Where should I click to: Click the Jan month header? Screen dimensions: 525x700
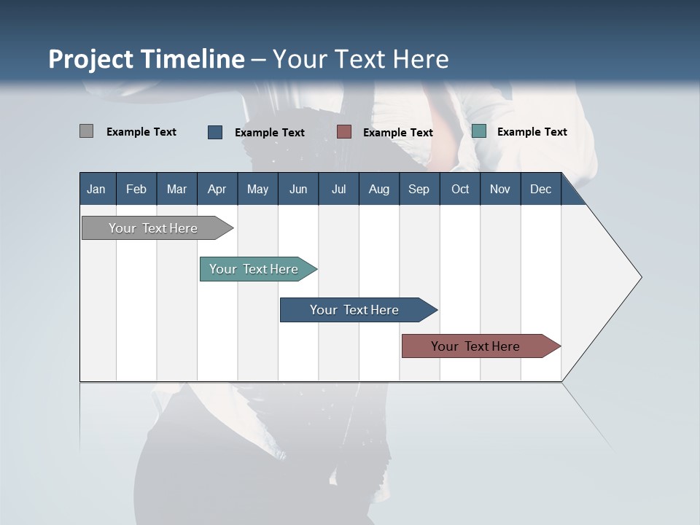(x=96, y=189)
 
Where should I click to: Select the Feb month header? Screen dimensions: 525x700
(x=136, y=189)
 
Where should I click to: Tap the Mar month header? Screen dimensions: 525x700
(x=176, y=189)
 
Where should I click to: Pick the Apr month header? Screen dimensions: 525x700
(x=217, y=189)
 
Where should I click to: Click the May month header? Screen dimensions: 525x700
(x=257, y=189)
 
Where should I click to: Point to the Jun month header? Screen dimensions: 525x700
(x=298, y=189)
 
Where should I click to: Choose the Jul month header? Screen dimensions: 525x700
(x=338, y=189)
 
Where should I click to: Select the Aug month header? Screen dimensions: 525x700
(x=379, y=189)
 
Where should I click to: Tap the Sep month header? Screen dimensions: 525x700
(x=419, y=189)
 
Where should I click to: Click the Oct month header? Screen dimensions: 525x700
(x=460, y=189)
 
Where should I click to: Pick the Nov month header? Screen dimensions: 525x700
(x=500, y=189)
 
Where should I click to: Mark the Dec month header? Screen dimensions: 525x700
(x=541, y=189)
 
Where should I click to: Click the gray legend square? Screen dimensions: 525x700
(x=86, y=131)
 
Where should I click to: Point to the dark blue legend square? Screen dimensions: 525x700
(x=215, y=132)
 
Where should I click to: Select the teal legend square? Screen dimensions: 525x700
(x=479, y=131)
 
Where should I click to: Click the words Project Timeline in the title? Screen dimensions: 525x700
(x=147, y=59)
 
